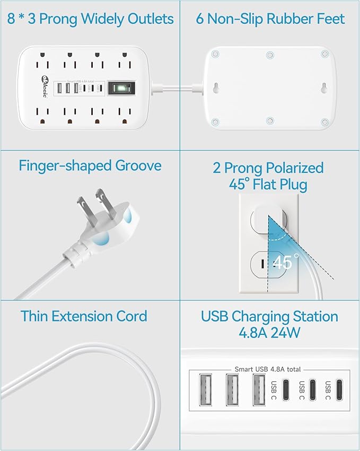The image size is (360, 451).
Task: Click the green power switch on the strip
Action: click(119, 89)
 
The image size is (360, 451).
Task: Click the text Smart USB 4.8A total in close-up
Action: click(269, 368)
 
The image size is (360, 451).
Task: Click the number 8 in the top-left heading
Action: click(11, 19)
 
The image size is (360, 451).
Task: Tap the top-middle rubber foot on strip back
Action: click(270, 54)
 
